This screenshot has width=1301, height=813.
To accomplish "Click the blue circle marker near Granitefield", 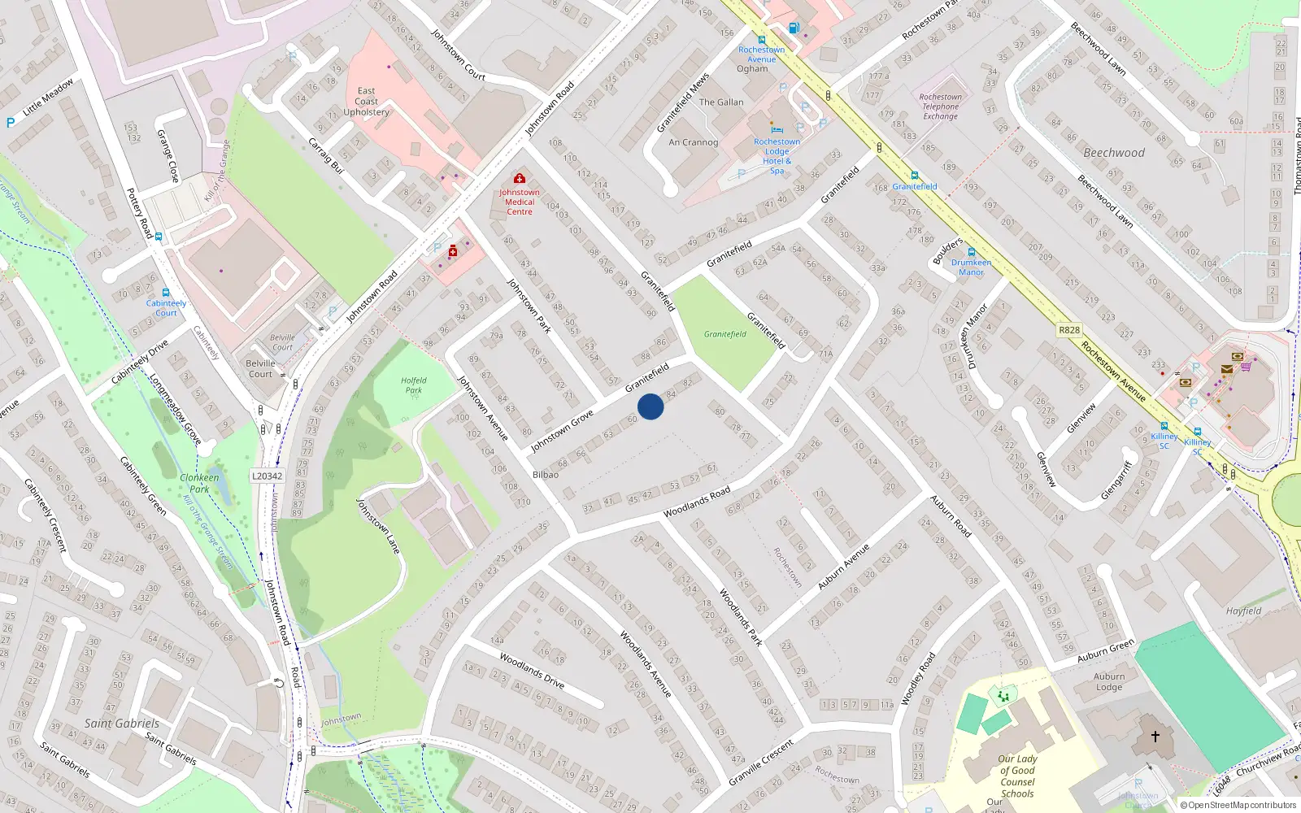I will pyautogui.click(x=650, y=406).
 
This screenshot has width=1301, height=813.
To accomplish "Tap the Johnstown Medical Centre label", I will pyautogui.click(x=520, y=202).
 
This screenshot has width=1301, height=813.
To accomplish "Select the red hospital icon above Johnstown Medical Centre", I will pyautogui.click(x=520, y=178).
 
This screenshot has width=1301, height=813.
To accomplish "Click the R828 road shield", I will pyautogui.click(x=1069, y=330).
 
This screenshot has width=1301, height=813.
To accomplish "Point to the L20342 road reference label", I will pyautogui.click(x=267, y=476).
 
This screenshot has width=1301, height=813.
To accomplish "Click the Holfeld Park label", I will pyautogui.click(x=413, y=385).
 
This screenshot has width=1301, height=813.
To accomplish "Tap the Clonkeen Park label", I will pyautogui.click(x=200, y=483).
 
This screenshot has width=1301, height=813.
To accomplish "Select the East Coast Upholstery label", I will pyautogui.click(x=366, y=102).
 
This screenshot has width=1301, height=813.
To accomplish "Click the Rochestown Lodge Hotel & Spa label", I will pyautogui.click(x=777, y=156).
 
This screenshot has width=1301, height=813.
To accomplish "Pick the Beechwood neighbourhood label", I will pyautogui.click(x=1113, y=153).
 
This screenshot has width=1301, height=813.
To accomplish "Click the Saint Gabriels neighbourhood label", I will pyautogui.click(x=122, y=723).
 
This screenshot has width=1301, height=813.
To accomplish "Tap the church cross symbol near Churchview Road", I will pyautogui.click(x=1155, y=737).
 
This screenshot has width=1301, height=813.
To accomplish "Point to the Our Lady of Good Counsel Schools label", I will pyautogui.click(x=1017, y=776).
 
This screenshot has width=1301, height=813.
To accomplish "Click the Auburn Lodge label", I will pyautogui.click(x=1109, y=681).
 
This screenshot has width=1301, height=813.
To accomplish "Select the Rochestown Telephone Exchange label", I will pyautogui.click(x=940, y=107).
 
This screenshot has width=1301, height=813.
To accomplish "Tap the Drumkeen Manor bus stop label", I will pyautogui.click(x=971, y=267).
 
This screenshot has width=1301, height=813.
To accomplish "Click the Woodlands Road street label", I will pyautogui.click(x=696, y=502).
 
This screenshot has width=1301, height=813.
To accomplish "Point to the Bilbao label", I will pyautogui.click(x=546, y=475).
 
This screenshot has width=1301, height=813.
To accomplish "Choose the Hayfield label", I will pyautogui.click(x=1243, y=611).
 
